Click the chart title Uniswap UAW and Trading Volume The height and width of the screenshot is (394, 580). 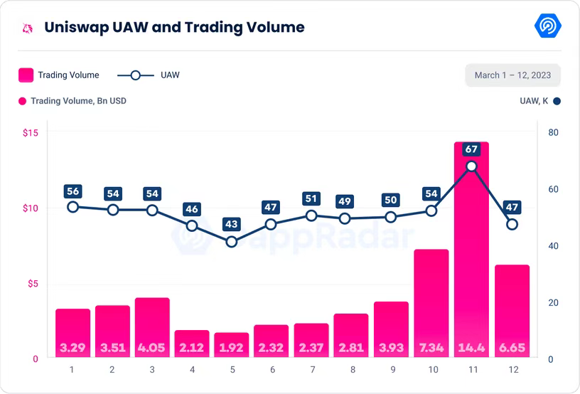(x=174, y=28)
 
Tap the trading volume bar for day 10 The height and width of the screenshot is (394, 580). (x=431, y=299)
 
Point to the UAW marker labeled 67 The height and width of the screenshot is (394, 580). (x=471, y=166)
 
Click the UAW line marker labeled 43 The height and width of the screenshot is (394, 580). (x=232, y=242)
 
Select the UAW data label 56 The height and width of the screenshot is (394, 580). (x=72, y=191)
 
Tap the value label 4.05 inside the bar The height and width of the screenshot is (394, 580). (x=152, y=348)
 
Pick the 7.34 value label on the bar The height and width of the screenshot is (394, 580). (x=431, y=348)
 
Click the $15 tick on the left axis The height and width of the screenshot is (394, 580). (x=31, y=133)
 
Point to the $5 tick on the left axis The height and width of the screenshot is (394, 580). (x=33, y=284)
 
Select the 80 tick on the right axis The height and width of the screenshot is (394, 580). (x=553, y=133)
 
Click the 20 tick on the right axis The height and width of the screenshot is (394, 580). (x=553, y=303)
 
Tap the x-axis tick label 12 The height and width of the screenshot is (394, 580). (x=512, y=371)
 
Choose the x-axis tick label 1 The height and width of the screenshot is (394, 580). (x=72, y=371)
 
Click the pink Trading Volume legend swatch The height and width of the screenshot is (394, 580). (x=26, y=75)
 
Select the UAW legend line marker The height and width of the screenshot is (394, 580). (x=136, y=75)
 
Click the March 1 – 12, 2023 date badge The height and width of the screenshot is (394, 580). (x=512, y=75)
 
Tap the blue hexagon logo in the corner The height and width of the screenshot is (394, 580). (x=548, y=26)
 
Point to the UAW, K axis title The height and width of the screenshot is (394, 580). (x=534, y=101)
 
